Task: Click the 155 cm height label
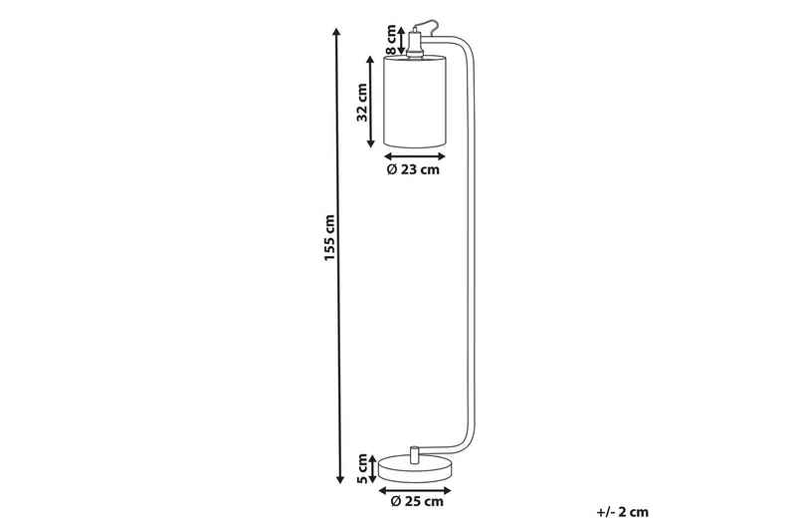point(330,238)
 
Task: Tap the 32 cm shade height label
point(362,103)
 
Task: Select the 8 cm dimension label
point(391,40)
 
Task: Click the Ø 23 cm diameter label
point(413,169)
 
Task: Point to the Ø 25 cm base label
point(417,501)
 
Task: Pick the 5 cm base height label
point(362,468)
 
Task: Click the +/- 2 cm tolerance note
point(623,512)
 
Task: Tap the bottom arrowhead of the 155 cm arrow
point(340,479)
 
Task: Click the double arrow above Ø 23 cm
point(414,156)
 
